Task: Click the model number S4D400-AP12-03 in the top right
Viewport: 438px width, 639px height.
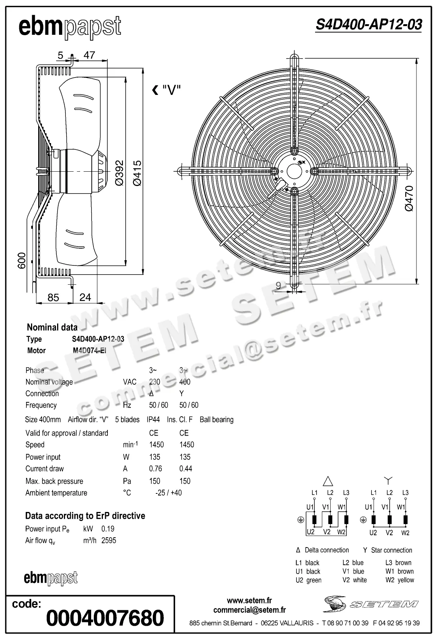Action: pos(369,25)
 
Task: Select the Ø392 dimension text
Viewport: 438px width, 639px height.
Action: pos(120,173)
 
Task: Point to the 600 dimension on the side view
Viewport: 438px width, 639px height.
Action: pos(22,261)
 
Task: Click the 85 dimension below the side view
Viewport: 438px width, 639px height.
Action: pos(53,298)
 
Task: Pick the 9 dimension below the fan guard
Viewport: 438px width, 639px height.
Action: pos(278,285)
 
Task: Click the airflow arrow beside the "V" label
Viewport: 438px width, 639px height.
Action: pos(155,90)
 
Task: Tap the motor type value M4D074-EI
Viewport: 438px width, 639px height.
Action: pos(89,351)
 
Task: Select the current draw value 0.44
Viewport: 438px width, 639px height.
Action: pos(185,468)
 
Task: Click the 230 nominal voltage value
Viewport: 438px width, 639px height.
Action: pos(154,382)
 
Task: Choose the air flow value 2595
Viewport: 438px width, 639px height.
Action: pos(109,540)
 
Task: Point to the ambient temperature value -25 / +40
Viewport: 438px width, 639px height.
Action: pos(168,493)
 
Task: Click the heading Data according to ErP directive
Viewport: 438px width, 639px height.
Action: pos(85,516)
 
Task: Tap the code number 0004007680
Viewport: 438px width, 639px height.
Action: pos(105,618)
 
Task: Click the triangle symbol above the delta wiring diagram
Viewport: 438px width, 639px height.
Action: pos(328,481)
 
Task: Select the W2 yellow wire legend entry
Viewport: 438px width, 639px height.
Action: pos(400,580)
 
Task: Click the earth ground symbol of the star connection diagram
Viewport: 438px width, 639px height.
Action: pos(363,520)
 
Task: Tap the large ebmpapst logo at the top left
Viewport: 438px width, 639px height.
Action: pos(70,27)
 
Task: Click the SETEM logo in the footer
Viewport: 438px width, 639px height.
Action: pos(370,604)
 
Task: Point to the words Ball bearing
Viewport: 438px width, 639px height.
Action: pos(216,420)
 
